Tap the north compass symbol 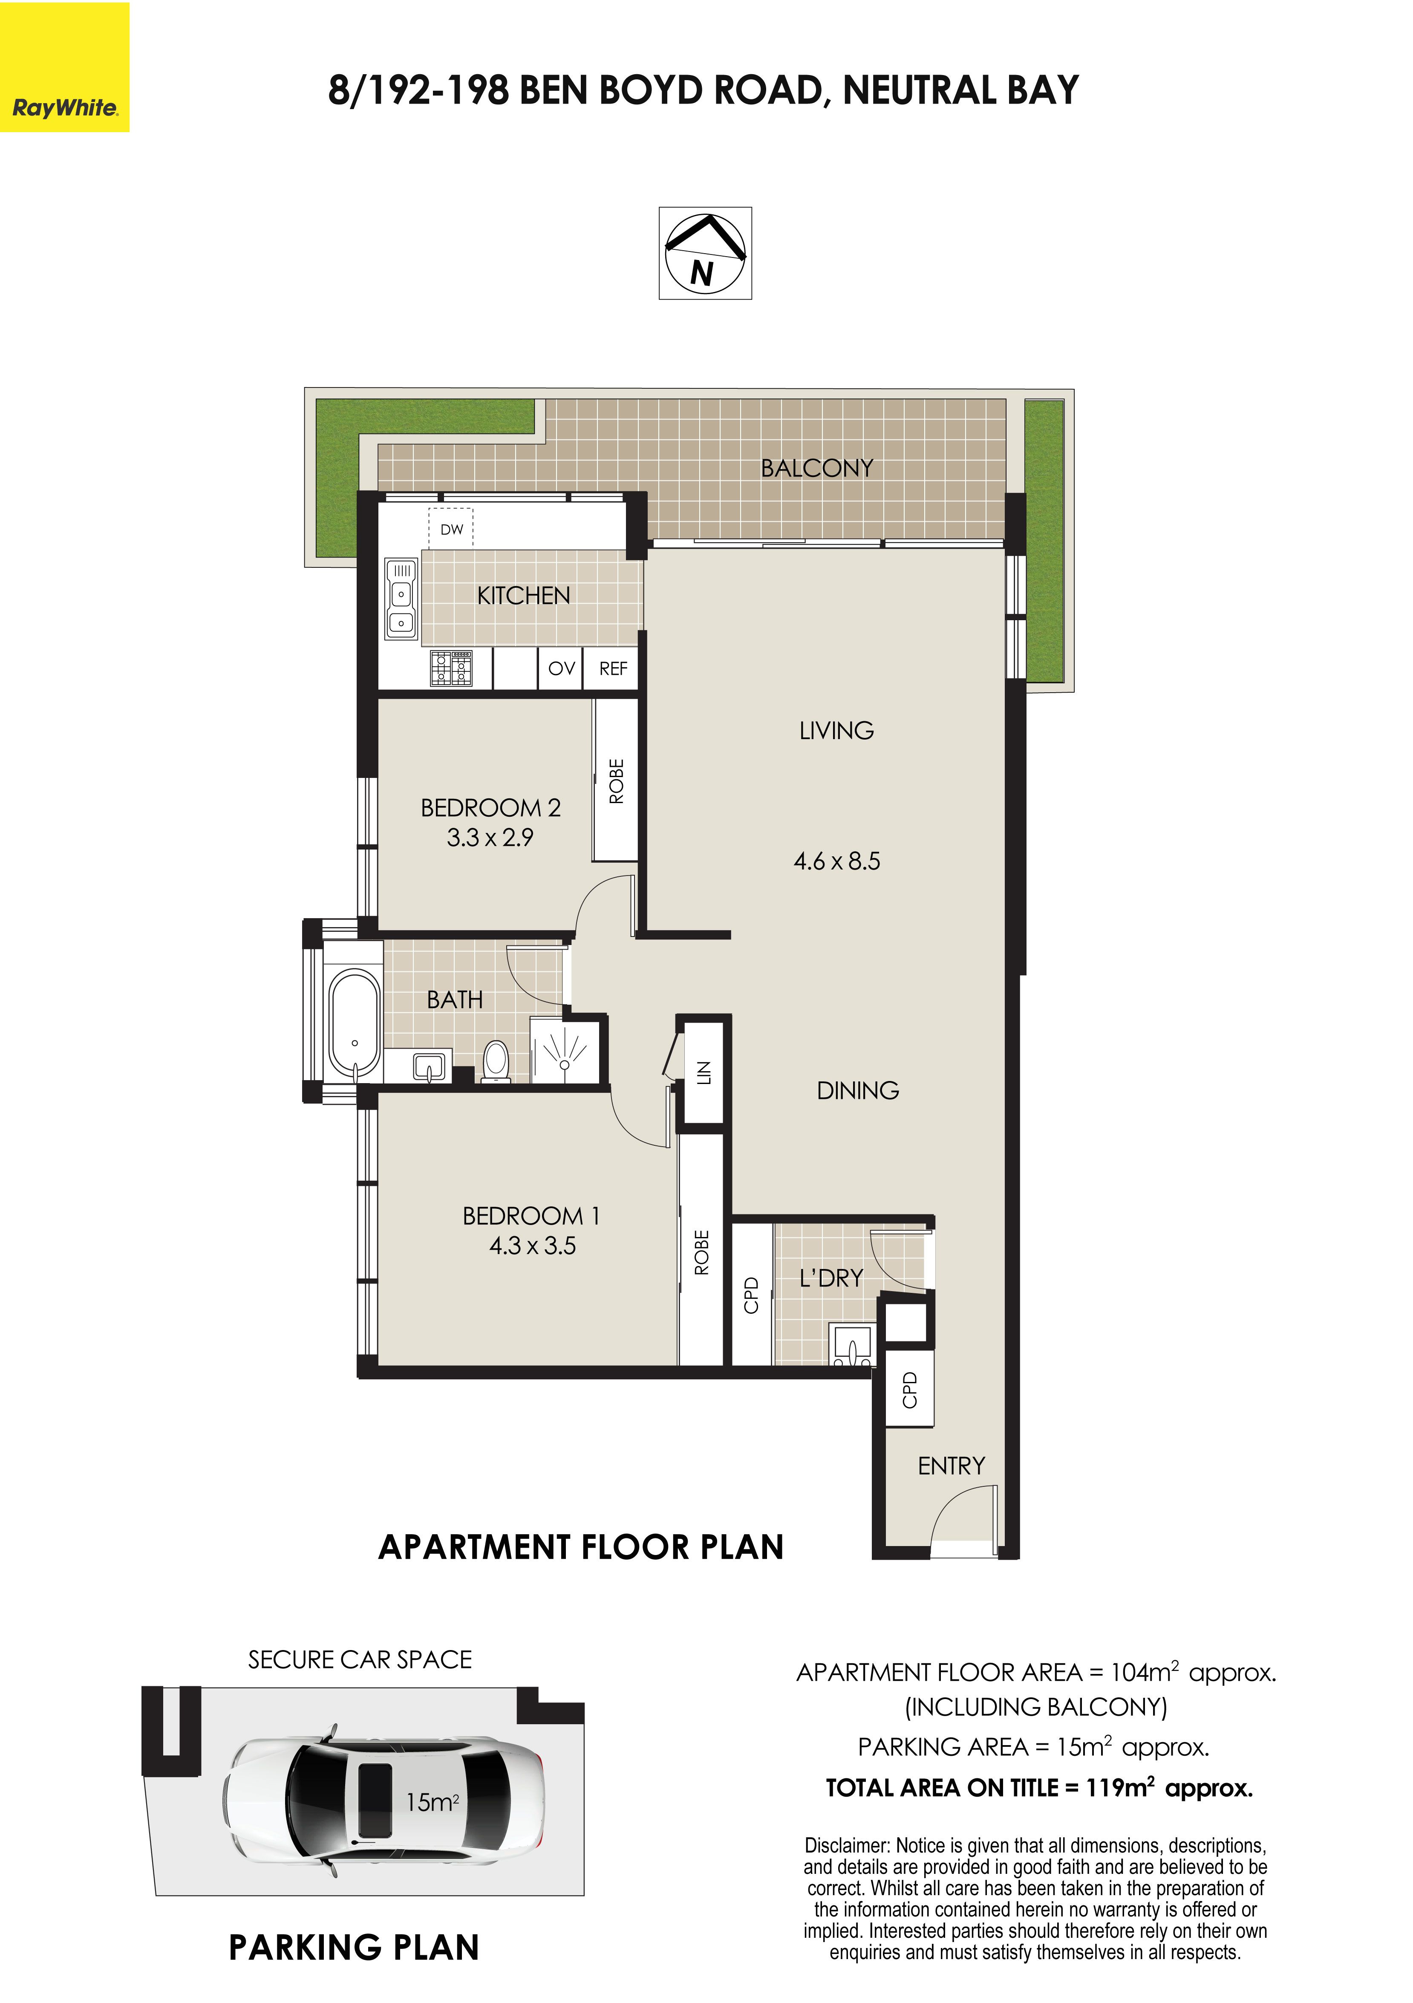pyautogui.click(x=705, y=253)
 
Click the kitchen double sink pyautogui.click(x=401, y=598)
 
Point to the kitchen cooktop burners pyautogui.click(x=451, y=668)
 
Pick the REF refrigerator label pyautogui.click(x=613, y=668)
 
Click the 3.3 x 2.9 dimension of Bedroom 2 pyautogui.click(x=490, y=838)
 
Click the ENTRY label pyautogui.click(x=951, y=1465)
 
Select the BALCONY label pyautogui.click(x=816, y=468)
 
